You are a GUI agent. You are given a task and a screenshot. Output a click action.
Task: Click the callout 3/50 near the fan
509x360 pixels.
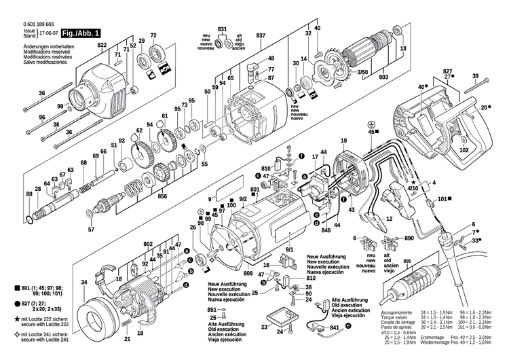(x=344, y=71)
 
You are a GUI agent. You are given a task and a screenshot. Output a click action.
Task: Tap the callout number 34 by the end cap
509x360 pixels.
(x=84, y=282)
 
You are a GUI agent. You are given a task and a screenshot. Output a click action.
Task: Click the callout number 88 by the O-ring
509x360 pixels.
(x=29, y=195)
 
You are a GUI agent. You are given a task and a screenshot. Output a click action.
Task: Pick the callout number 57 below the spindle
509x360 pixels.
(x=91, y=230)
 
